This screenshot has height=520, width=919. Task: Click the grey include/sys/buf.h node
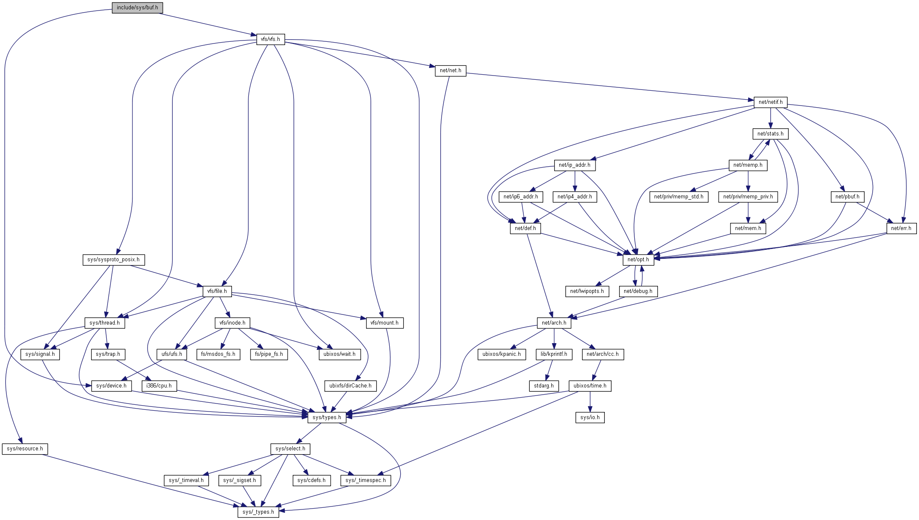click(x=137, y=8)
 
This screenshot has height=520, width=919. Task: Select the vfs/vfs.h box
click(x=270, y=39)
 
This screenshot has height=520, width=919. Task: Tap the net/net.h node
click(x=450, y=70)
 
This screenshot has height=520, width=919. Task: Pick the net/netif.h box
click(x=771, y=102)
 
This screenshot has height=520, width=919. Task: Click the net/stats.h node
click(x=771, y=134)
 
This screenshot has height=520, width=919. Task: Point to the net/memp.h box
click(x=748, y=165)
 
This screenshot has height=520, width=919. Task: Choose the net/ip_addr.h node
click(x=574, y=165)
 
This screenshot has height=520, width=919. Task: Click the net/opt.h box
click(x=638, y=260)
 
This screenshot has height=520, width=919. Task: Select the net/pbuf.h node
click(x=847, y=197)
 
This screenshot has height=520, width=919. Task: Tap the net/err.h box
click(x=901, y=228)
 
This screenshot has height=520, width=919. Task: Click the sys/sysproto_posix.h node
click(x=113, y=260)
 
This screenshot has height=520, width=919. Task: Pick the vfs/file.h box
click(x=217, y=291)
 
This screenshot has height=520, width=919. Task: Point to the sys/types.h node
click(x=327, y=417)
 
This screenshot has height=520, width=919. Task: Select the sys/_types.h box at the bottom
click(x=258, y=512)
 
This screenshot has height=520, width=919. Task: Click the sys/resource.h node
click(x=25, y=449)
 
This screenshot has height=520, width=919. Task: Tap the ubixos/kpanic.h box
click(x=501, y=354)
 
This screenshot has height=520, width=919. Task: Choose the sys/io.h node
click(x=590, y=417)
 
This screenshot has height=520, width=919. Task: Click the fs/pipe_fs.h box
click(x=269, y=354)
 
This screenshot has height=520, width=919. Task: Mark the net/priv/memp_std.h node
click(x=679, y=197)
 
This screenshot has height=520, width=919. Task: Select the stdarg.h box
click(x=544, y=386)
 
